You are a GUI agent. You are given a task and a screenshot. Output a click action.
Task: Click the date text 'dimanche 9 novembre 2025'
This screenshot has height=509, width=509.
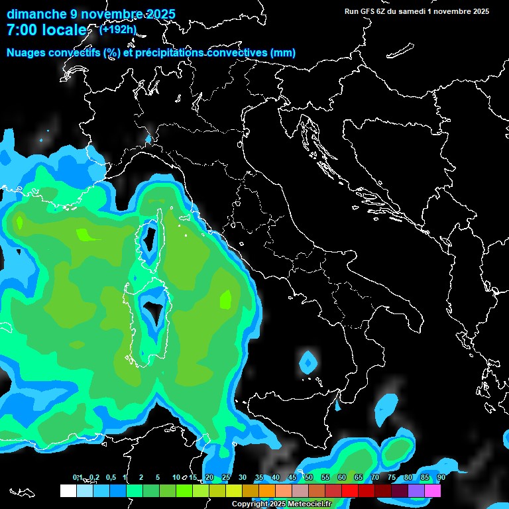pyautogui.click(x=91, y=14)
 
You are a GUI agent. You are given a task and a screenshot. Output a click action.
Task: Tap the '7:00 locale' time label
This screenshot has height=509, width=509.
pyautogui.click(x=46, y=30)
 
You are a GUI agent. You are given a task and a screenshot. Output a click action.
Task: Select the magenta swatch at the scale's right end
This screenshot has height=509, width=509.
pyautogui.click(x=433, y=491)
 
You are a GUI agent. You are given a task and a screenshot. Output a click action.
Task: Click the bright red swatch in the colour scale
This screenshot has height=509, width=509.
pyautogui.click(x=350, y=491)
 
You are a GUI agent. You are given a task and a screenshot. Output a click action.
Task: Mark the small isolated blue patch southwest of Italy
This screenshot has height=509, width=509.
pyautogui.click(x=308, y=362)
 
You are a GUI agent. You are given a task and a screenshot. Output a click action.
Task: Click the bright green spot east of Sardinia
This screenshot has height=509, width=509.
pyautogui.click(x=226, y=300)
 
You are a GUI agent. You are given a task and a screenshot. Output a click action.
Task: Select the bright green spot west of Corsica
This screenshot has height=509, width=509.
pyautogui.click(x=86, y=235)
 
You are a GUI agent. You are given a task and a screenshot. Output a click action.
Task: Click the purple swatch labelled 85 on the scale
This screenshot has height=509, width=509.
pyautogui.click(x=416, y=491)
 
